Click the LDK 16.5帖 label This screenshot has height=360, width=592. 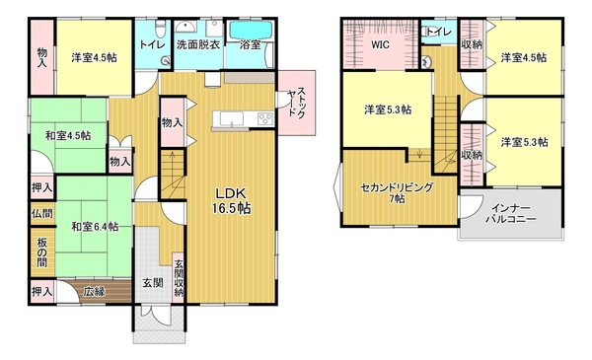point(232,201)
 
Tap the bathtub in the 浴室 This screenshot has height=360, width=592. point(251,30)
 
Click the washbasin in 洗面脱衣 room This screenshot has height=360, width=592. point(185,27)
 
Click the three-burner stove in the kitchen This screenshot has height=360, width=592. point(265,119)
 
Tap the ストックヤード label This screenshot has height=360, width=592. point(297,103)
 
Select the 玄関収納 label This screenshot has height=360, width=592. point(179,278)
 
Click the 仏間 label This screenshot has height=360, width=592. point(41,214)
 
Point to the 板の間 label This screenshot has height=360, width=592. point(41,252)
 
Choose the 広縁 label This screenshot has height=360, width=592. point(94,291)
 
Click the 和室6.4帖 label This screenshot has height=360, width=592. point(95,227)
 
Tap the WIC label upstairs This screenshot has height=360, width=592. point(380,45)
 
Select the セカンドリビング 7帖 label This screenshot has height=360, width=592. point(397,192)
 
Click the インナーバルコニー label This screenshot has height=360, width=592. point(511,214)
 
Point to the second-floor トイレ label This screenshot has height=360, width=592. point(440,32)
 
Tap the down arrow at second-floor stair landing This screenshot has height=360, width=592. point(419,153)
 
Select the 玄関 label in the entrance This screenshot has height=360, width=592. point(153,283)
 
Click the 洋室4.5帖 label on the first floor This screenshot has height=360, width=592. point(94,58)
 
